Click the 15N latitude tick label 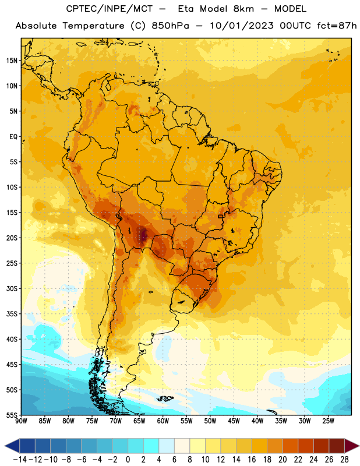click(x=12, y=61)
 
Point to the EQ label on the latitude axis click(x=13, y=137)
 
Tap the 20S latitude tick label click(x=12, y=238)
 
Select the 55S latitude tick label click(x=12, y=415)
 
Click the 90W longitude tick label click(x=21, y=421)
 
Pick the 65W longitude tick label click(x=139, y=421)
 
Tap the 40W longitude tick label click(x=257, y=421)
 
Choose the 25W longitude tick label click(x=328, y=421)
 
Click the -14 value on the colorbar click(x=20, y=460)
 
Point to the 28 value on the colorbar click(x=344, y=460)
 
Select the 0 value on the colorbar click(x=128, y=460)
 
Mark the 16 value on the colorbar click(x=252, y=460)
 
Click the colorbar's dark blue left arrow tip click(x=5, y=446)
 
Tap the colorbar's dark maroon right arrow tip click(x=359, y=446)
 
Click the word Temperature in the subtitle click(x=93, y=26)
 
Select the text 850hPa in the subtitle click(x=170, y=26)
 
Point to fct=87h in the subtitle click(x=337, y=26)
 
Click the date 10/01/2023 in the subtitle click(x=242, y=26)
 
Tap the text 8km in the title click(x=243, y=9)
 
